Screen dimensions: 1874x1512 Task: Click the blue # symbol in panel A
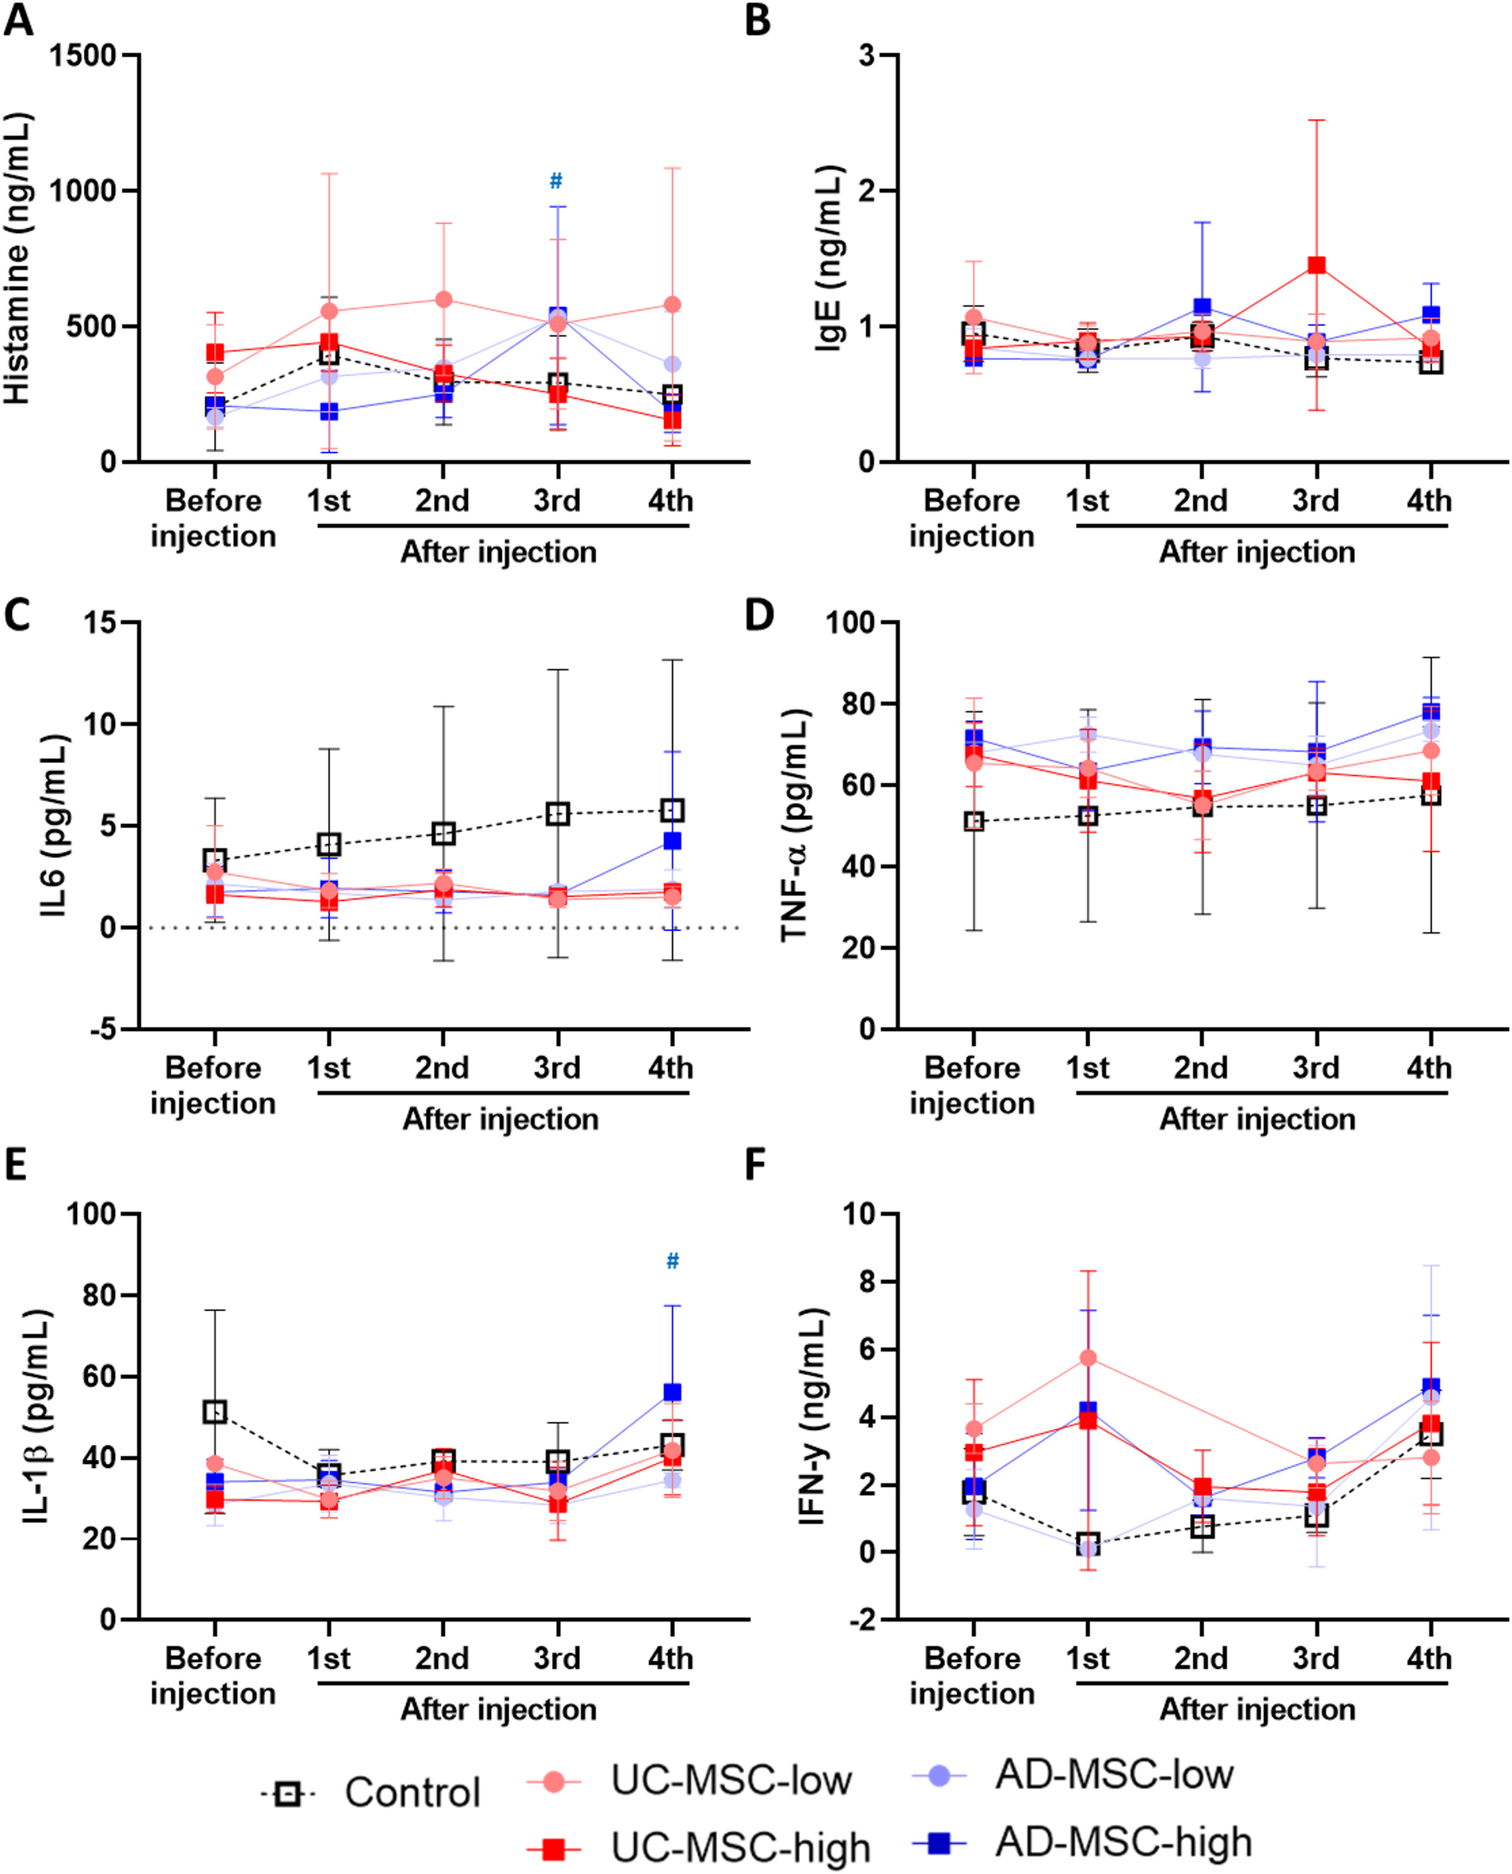coord(555,181)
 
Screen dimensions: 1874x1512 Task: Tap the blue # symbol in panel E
coord(673,1262)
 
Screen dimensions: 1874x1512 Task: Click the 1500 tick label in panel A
coord(83,56)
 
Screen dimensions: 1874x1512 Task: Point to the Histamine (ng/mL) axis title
coord(17,258)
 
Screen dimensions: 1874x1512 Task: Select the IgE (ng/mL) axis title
coord(829,258)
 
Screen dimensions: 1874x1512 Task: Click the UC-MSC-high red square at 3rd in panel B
coord(1317,265)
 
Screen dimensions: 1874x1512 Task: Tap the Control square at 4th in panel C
coord(673,811)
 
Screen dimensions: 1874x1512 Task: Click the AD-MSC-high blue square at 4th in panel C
coord(673,841)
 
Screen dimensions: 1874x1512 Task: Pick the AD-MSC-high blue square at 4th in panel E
coord(673,1393)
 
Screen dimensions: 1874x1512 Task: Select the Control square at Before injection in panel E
coord(215,1412)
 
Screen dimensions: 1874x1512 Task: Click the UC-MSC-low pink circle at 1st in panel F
coord(1088,1359)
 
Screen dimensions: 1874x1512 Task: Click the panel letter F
coord(756,1165)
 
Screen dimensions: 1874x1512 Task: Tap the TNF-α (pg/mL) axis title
coord(794,826)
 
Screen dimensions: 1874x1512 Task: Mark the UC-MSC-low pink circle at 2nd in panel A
coord(443,300)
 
